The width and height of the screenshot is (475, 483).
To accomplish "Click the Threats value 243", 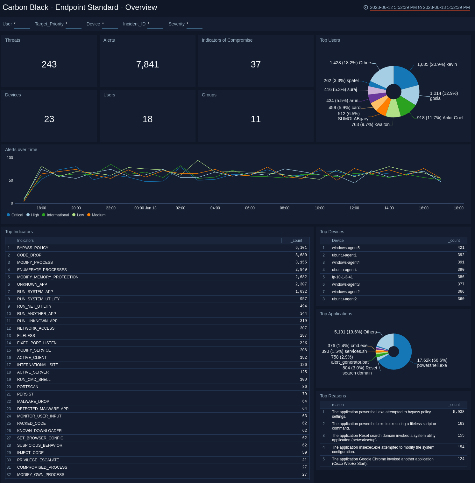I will point(49,65).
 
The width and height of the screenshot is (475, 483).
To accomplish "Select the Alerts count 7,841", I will point(147,65).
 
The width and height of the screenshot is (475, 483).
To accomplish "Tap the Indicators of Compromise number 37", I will point(256,65).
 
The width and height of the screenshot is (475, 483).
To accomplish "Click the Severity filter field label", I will point(176,24).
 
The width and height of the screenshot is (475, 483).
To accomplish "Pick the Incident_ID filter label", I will point(134,24).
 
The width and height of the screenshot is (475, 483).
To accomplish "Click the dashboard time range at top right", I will point(419,7).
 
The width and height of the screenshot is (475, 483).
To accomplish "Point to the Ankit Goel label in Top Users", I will point(440,118).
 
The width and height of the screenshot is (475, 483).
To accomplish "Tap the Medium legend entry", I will point(98,215).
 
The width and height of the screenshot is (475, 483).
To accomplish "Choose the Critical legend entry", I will point(17,215).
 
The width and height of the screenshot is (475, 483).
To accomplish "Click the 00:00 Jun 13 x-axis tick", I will point(145,208).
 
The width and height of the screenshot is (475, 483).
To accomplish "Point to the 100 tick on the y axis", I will point(10,158).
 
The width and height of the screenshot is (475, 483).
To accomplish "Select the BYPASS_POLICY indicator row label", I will point(33,248).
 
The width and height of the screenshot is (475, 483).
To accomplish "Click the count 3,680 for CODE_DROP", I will point(301,255).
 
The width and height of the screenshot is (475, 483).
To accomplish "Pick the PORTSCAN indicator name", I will point(28,387).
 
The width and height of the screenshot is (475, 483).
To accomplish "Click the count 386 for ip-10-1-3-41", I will point(461,277).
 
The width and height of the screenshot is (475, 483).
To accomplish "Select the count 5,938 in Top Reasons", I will point(458,412).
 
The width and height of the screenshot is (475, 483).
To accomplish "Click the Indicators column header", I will point(25,241).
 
